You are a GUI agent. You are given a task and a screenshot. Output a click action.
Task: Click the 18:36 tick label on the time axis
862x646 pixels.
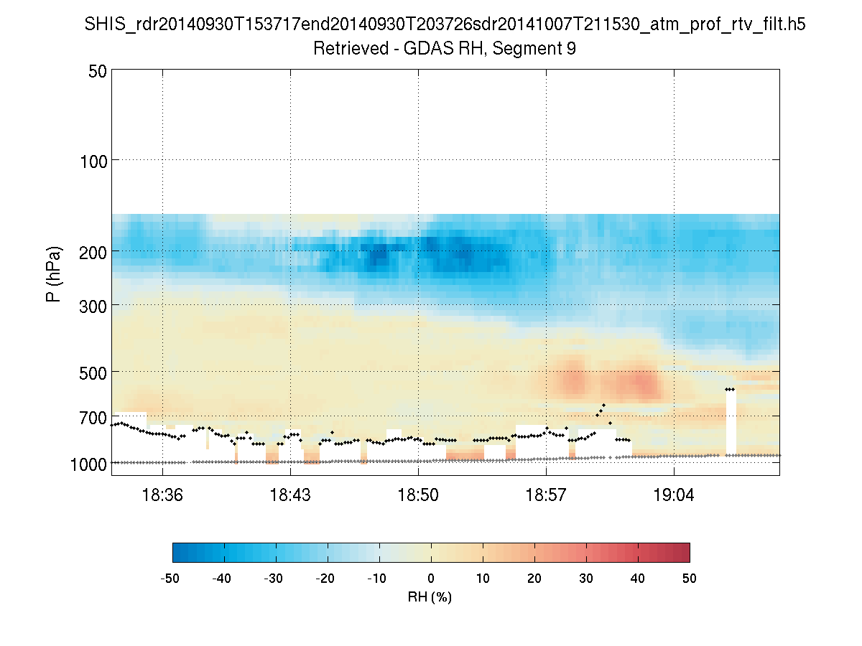(x=162, y=495)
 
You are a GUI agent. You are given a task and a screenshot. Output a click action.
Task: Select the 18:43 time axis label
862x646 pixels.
(x=290, y=495)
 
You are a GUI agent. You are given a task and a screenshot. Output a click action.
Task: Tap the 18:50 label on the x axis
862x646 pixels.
(x=418, y=495)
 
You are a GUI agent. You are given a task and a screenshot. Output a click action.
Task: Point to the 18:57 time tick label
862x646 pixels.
(x=546, y=495)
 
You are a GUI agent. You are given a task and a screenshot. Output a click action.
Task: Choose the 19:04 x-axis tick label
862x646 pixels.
(x=674, y=495)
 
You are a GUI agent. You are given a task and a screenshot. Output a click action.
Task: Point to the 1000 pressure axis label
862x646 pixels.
(x=88, y=464)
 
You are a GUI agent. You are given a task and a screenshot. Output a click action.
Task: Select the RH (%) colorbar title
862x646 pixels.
(x=430, y=596)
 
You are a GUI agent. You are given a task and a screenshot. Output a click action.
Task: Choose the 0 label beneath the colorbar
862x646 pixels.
(x=431, y=578)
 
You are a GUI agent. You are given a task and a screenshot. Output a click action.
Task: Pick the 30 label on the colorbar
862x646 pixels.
(x=586, y=578)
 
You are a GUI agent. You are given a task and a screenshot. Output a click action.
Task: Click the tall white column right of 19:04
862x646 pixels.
(x=731, y=423)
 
